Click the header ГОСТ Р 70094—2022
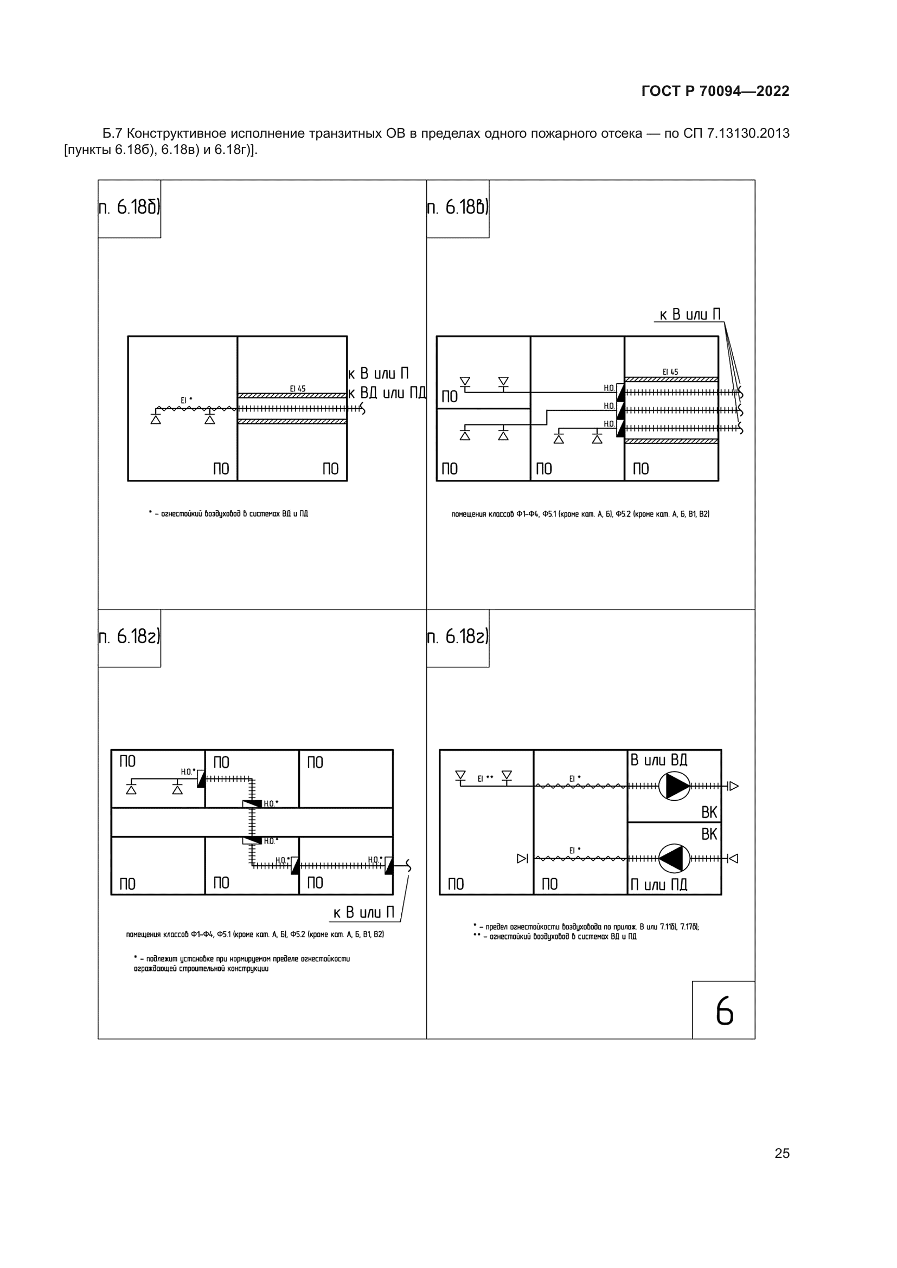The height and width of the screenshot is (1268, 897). click(715, 91)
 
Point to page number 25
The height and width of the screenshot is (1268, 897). click(782, 1153)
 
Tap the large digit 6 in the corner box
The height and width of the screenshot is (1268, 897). click(724, 1011)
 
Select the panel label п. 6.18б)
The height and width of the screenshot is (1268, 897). click(129, 207)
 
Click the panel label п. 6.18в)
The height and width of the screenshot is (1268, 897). click(458, 207)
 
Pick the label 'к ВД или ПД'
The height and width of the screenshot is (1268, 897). click(387, 392)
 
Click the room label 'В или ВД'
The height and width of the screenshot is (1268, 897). click(659, 760)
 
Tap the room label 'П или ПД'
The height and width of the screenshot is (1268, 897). click(659, 885)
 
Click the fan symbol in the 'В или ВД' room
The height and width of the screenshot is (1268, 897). click(675, 786)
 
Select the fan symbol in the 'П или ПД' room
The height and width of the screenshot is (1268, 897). click(675, 859)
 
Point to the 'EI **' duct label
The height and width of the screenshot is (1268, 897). click(485, 778)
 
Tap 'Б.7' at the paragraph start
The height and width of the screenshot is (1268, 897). click(112, 134)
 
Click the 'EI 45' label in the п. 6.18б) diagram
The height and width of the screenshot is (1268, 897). click(298, 389)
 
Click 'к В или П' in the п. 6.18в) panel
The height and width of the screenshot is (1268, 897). click(690, 315)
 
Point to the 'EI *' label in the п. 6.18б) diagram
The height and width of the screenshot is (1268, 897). click(187, 400)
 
